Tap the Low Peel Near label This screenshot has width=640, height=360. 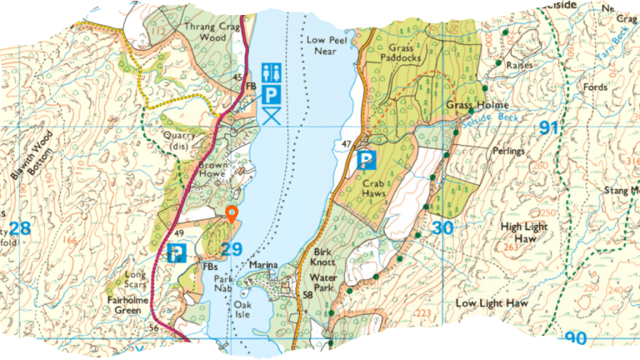coord(326,45)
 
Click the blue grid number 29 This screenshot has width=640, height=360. coord(232,248)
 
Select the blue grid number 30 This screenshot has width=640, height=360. coord(442,228)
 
